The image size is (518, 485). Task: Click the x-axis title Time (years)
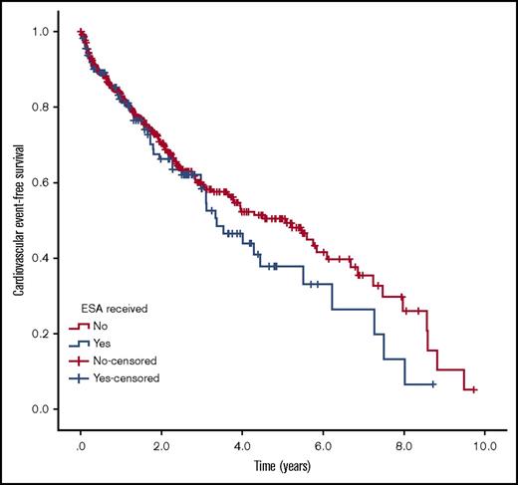281,464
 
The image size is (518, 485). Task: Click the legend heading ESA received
115,309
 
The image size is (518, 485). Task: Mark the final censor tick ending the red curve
473,390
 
